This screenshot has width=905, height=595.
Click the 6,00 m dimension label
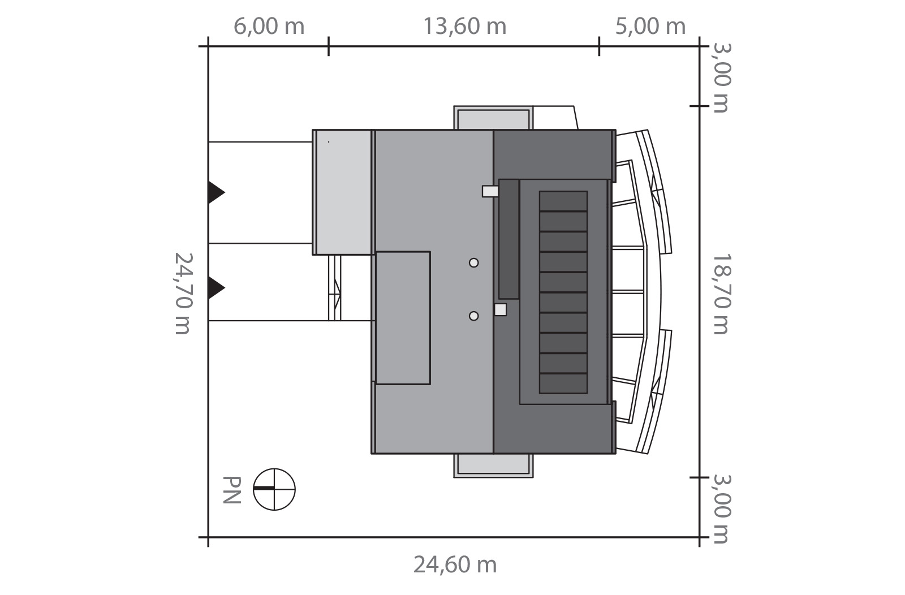(269, 27)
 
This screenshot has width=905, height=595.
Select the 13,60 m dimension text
(464, 27)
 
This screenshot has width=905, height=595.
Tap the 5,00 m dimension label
(650, 27)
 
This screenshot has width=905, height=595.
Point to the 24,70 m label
(183, 294)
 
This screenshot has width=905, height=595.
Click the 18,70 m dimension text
(721, 294)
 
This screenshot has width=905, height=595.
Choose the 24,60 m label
(455, 564)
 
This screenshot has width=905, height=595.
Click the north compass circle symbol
(274, 489)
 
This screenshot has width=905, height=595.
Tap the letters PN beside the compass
(232, 490)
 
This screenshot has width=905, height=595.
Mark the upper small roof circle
(474, 263)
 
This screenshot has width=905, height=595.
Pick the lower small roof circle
(474, 316)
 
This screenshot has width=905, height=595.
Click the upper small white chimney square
(490, 192)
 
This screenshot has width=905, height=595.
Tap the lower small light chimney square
(501, 310)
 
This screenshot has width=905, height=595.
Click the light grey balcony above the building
(493, 118)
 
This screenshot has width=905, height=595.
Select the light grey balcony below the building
(493, 465)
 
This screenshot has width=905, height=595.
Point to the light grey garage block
(342, 192)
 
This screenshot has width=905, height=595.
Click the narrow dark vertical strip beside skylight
(509, 239)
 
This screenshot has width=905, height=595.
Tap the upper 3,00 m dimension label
(721, 77)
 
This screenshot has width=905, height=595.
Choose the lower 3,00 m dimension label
(721, 509)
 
